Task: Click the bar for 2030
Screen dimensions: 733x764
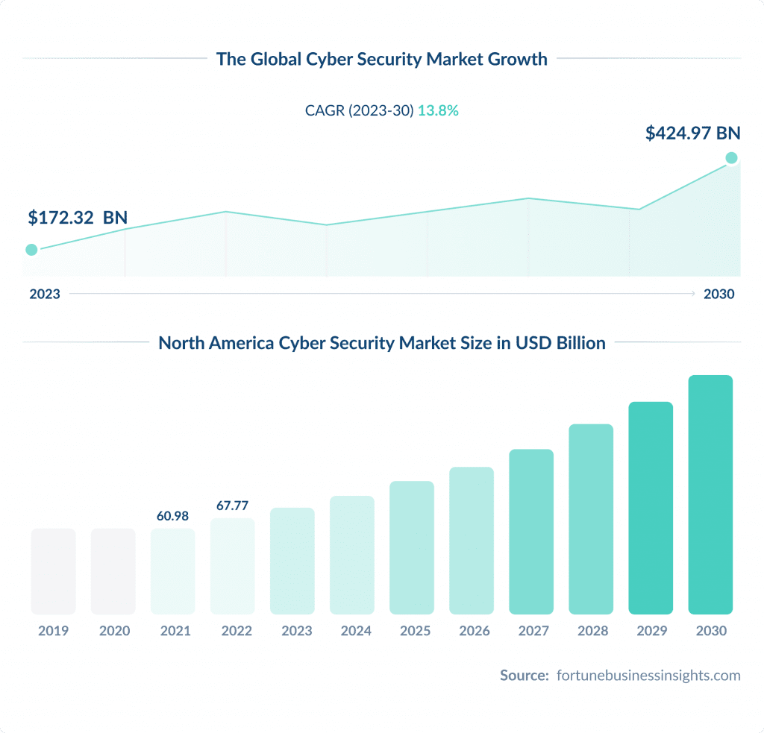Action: click(x=710, y=495)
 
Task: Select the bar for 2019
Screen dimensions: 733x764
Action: click(x=53, y=571)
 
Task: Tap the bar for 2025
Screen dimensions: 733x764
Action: click(x=412, y=547)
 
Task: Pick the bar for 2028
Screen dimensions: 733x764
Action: click(x=591, y=519)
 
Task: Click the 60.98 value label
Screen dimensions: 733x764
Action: click(x=172, y=515)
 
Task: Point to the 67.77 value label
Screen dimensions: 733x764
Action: click(x=232, y=506)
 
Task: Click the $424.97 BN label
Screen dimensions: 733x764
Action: click(x=692, y=133)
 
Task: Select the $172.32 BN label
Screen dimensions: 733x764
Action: click(x=78, y=218)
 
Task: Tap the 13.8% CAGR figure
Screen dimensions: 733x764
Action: click(x=438, y=110)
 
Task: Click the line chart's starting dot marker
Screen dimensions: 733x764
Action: click(x=31, y=250)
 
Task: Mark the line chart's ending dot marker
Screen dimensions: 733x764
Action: click(x=731, y=157)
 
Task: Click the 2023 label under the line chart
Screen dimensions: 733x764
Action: click(x=45, y=294)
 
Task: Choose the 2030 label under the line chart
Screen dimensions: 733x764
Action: click(x=718, y=294)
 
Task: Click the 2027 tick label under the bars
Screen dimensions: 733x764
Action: click(x=533, y=631)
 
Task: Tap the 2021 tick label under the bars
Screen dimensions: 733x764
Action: click(x=175, y=631)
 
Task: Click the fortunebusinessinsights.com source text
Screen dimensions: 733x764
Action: click(x=648, y=676)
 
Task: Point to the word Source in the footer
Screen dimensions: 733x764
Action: click(x=524, y=676)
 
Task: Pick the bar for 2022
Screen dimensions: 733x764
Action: click(x=232, y=566)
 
